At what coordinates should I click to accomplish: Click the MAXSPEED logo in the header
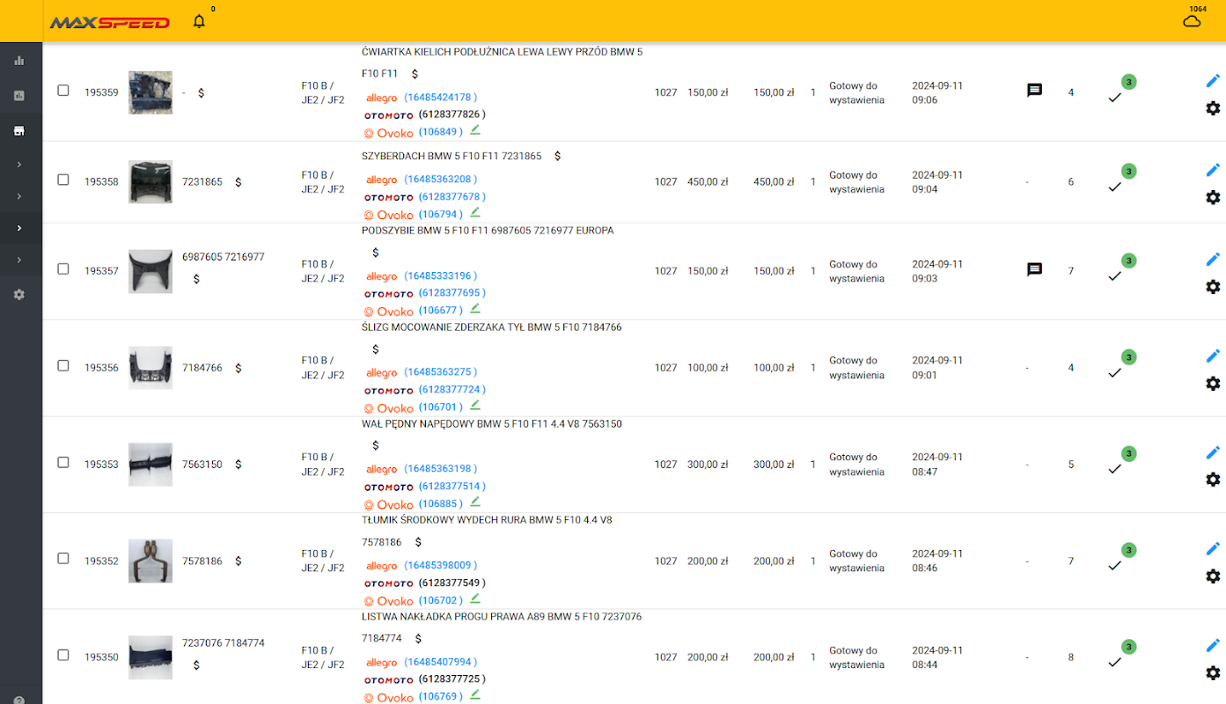[x=109, y=22]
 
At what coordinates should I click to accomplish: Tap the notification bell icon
[x=199, y=21]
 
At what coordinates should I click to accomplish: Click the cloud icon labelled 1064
[x=1192, y=20]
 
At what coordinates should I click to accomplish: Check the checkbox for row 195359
[x=63, y=90]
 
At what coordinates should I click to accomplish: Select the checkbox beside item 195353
[x=63, y=462]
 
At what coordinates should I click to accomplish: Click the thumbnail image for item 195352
[x=150, y=561]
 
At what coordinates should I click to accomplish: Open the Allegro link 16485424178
[x=440, y=98]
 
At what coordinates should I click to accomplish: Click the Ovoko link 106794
[x=440, y=215]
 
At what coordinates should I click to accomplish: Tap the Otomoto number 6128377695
[x=451, y=293]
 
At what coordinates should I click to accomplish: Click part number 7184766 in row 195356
[x=202, y=368]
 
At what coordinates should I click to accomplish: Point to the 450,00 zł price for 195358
[x=708, y=182]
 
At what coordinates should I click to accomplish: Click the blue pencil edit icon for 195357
[x=1213, y=260]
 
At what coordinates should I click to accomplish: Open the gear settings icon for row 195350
[x=1213, y=673]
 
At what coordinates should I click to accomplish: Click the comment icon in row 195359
[x=1035, y=90]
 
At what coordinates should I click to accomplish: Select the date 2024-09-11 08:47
[x=936, y=465]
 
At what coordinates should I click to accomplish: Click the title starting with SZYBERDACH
[x=451, y=156]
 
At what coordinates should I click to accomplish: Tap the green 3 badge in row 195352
[x=1129, y=550]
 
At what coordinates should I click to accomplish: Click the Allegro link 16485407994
[x=440, y=662]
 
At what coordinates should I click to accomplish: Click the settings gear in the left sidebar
[x=19, y=295]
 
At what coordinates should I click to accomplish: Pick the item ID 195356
[x=101, y=368]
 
